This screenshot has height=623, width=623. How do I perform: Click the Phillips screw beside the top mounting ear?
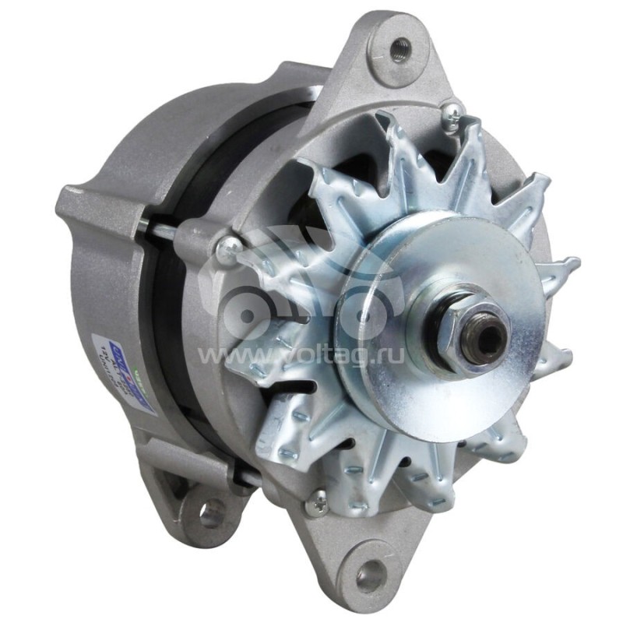pyautogui.click(x=451, y=118)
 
